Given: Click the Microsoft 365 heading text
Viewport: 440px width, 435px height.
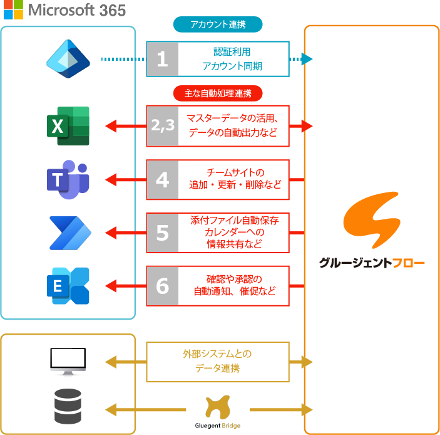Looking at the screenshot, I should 77,10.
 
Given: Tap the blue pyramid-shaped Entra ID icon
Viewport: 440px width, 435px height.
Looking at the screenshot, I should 68,59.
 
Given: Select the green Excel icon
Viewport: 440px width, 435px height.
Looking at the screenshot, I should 68,126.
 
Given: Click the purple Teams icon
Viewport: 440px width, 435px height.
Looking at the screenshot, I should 68,179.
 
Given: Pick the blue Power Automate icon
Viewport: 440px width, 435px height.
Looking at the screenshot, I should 69,233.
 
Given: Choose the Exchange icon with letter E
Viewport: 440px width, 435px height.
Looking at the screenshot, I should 69,286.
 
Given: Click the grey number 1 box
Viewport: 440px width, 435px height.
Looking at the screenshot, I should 162,59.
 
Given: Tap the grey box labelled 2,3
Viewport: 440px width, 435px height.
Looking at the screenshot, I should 162,126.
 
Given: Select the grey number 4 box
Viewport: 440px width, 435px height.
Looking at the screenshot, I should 162,180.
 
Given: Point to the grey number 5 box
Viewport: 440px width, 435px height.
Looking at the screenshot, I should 162,233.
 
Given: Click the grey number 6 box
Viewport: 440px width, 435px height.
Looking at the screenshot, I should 162,286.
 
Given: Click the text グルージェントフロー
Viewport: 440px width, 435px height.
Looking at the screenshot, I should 372,263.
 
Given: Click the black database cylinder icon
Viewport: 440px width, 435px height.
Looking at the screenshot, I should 68,406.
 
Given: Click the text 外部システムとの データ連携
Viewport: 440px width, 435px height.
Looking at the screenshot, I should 217,362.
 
